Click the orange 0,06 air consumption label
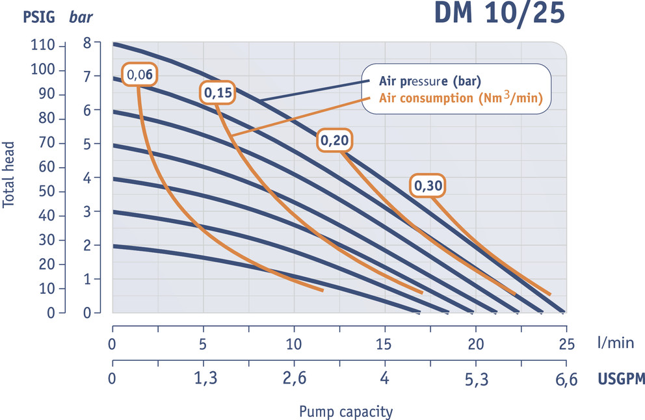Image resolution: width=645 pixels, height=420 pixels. [140, 75]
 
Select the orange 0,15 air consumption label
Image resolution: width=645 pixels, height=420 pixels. [218, 94]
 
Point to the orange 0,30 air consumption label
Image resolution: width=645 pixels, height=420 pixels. [429, 186]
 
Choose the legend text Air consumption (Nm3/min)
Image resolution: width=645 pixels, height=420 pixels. [459, 99]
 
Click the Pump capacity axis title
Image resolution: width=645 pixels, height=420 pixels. [345, 412]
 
